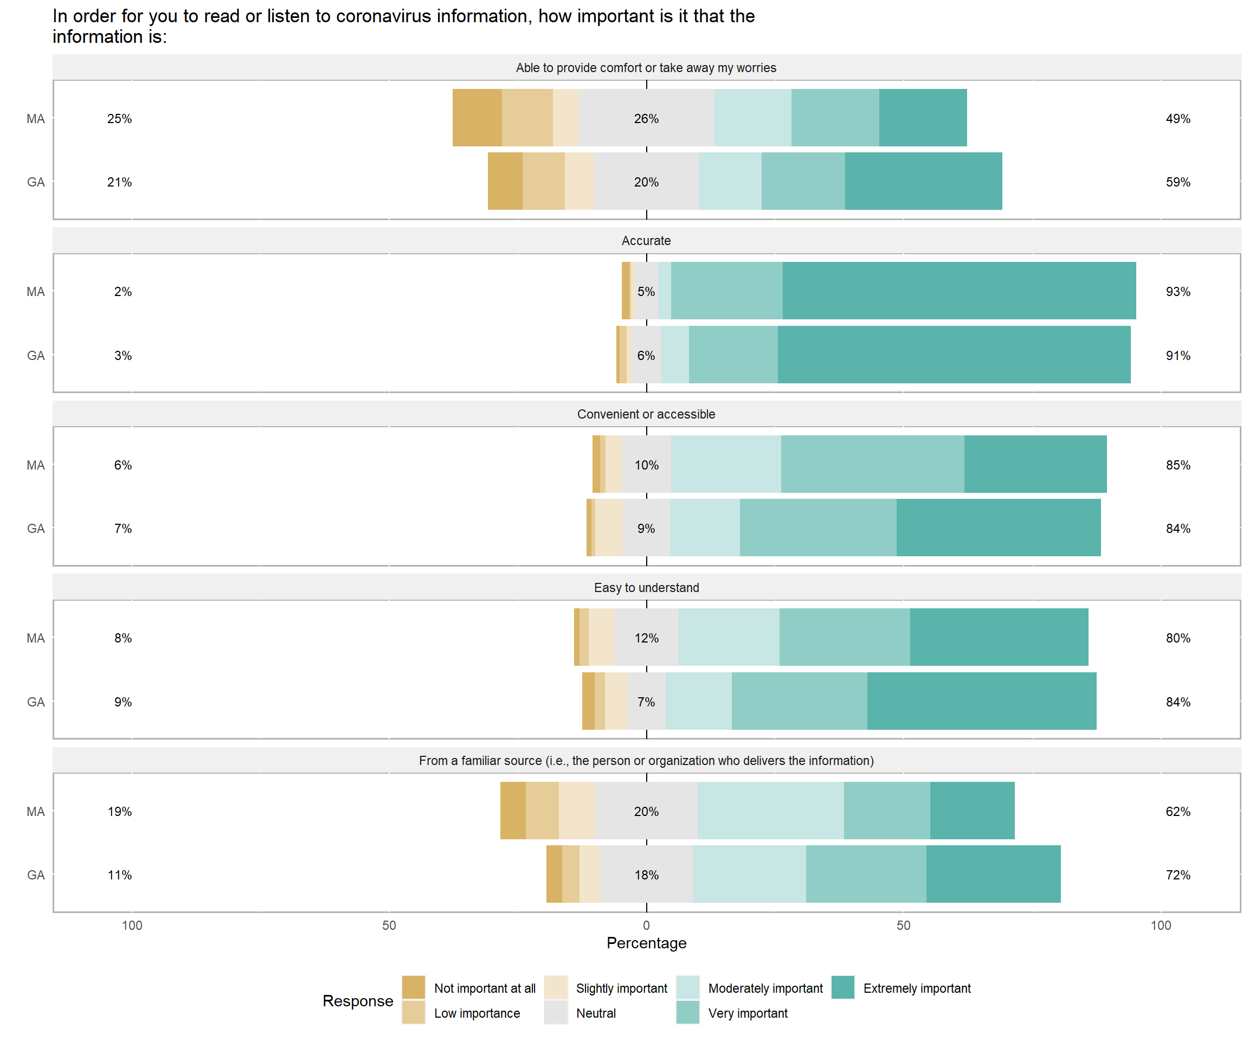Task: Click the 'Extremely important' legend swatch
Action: pyautogui.click(x=842, y=987)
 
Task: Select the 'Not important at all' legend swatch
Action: pyautogui.click(x=414, y=987)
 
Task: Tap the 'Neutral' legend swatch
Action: pyautogui.click(x=556, y=1012)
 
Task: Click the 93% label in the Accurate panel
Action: pyautogui.click(x=1177, y=292)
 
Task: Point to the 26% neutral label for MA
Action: pyautogui.click(x=646, y=118)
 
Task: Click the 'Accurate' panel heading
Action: pyautogui.click(x=646, y=241)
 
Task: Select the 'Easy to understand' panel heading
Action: pyautogui.click(x=646, y=588)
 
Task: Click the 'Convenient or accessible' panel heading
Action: pyautogui.click(x=646, y=414)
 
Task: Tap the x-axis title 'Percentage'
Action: pyautogui.click(x=646, y=943)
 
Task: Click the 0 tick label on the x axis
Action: pyautogui.click(x=646, y=926)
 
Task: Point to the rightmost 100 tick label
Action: pyautogui.click(x=1161, y=926)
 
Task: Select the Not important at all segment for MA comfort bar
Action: pyautogui.click(x=477, y=118)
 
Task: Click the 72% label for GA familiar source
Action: pyautogui.click(x=1177, y=875)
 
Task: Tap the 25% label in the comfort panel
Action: pyautogui.click(x=120, y=118)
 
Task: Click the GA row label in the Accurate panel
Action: pyautogui.click(x=36, y=356)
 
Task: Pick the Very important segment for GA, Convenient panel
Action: pyautogui.click(x=818, y=528)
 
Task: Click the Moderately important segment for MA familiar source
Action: pyautogui.click(x=770, y=811)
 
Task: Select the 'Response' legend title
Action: pyautogui.click(x=357, y=1000)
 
